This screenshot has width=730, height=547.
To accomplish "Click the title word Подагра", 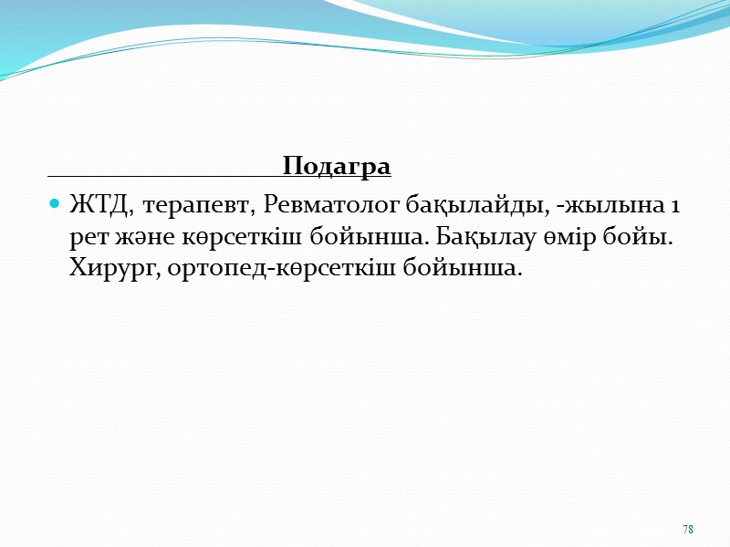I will pos(337,168).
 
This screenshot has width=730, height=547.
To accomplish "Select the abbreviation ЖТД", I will pos(97,206).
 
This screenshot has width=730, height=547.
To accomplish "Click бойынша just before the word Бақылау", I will pos(360,239).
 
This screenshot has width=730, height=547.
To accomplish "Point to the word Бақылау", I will pos(479,239).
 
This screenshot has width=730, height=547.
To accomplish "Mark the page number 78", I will pos(688,530).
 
